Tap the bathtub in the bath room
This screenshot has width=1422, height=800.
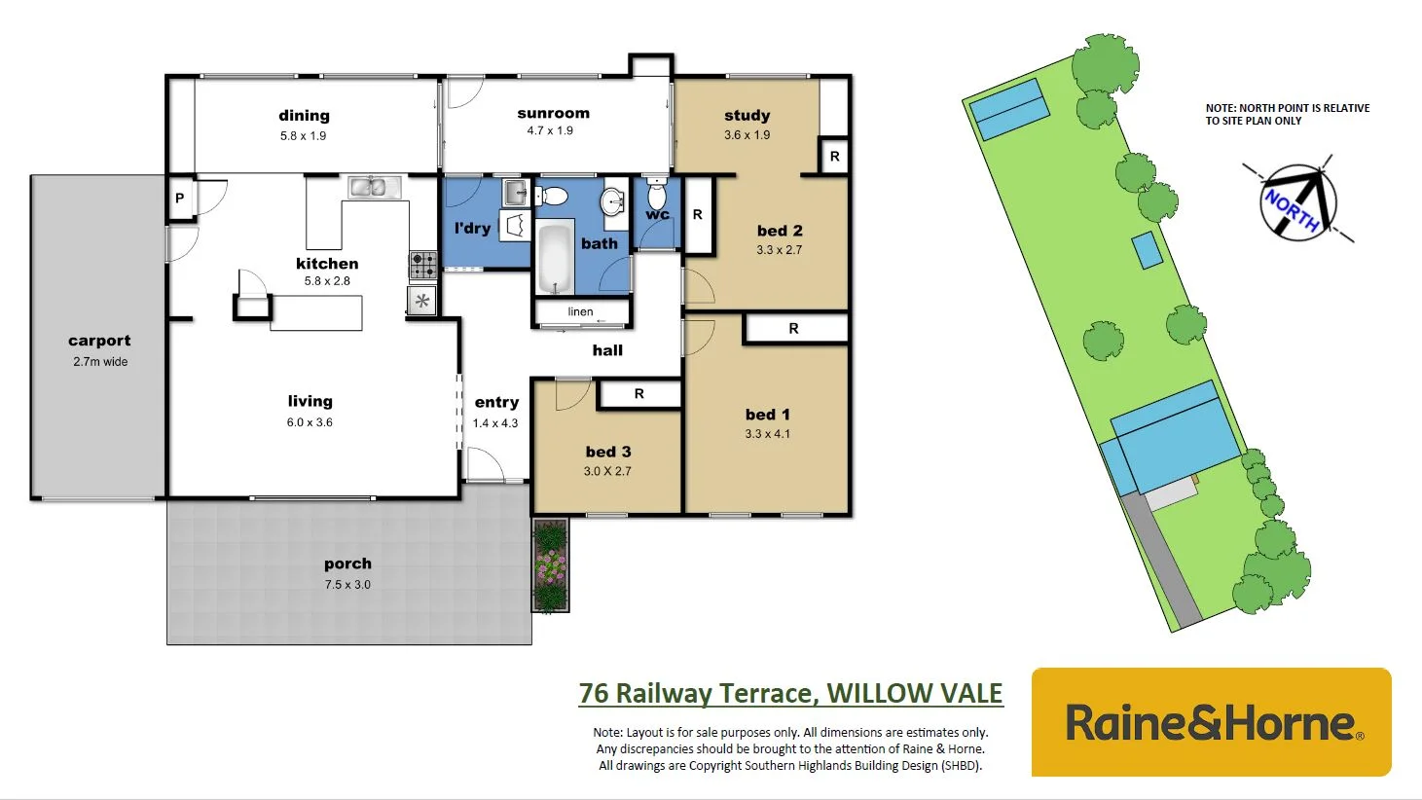tap(556, 258)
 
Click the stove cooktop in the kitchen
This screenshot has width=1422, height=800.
tap(422, 264)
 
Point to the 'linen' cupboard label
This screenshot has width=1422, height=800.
tap(581, 312)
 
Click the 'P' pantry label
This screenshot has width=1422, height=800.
tap(180, 199)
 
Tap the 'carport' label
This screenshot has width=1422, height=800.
tap(99, 341)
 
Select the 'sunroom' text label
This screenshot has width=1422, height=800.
tap(553, 114)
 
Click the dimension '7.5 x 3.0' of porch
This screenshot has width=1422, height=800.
tap(347, 585)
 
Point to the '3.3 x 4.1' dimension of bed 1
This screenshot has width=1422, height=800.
tap(768, 434)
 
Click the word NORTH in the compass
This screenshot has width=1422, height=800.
tap(1293, 208)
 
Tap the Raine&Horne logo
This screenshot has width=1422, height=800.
tap(1212, 722)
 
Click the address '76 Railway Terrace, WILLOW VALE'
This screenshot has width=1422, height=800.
tap(790, 693)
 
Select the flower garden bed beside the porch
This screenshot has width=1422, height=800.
tap(550, 565)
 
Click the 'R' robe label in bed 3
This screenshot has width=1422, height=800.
tap(639, 394)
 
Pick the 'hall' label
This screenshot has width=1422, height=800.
tap(607, 350)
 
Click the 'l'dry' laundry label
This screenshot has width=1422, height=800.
tap(472, 229)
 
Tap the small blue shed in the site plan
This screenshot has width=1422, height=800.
tap(1147, 250)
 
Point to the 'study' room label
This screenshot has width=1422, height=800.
tap(747, 116)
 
